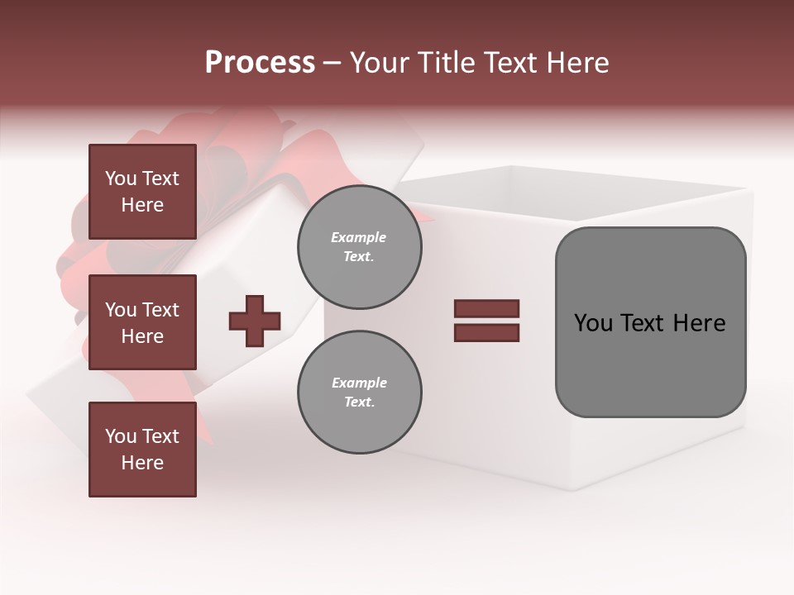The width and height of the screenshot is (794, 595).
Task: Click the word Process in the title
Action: (260, 63)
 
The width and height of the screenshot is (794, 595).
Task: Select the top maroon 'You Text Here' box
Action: (142, 192)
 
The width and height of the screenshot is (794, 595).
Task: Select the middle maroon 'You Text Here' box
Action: (142, 322)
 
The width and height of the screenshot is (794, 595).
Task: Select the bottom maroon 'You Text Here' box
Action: (142, 450)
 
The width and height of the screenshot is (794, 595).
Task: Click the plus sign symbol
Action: (255, 321)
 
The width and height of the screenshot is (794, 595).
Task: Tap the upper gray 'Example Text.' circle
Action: (359, 247)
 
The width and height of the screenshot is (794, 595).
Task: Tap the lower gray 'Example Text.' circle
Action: (359, 393)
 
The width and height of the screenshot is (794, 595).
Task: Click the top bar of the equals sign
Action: (486, 309)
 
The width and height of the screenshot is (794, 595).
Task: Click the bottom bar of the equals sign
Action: (486, 332)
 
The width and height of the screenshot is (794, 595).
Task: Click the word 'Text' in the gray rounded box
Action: (644, 323)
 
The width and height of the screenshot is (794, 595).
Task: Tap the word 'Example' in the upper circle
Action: (359, 238)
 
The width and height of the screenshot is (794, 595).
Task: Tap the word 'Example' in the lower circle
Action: (359, 383)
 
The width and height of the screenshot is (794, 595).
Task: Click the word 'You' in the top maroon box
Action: (121, 178)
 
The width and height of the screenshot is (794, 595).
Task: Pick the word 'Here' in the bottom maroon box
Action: (142, 463)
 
